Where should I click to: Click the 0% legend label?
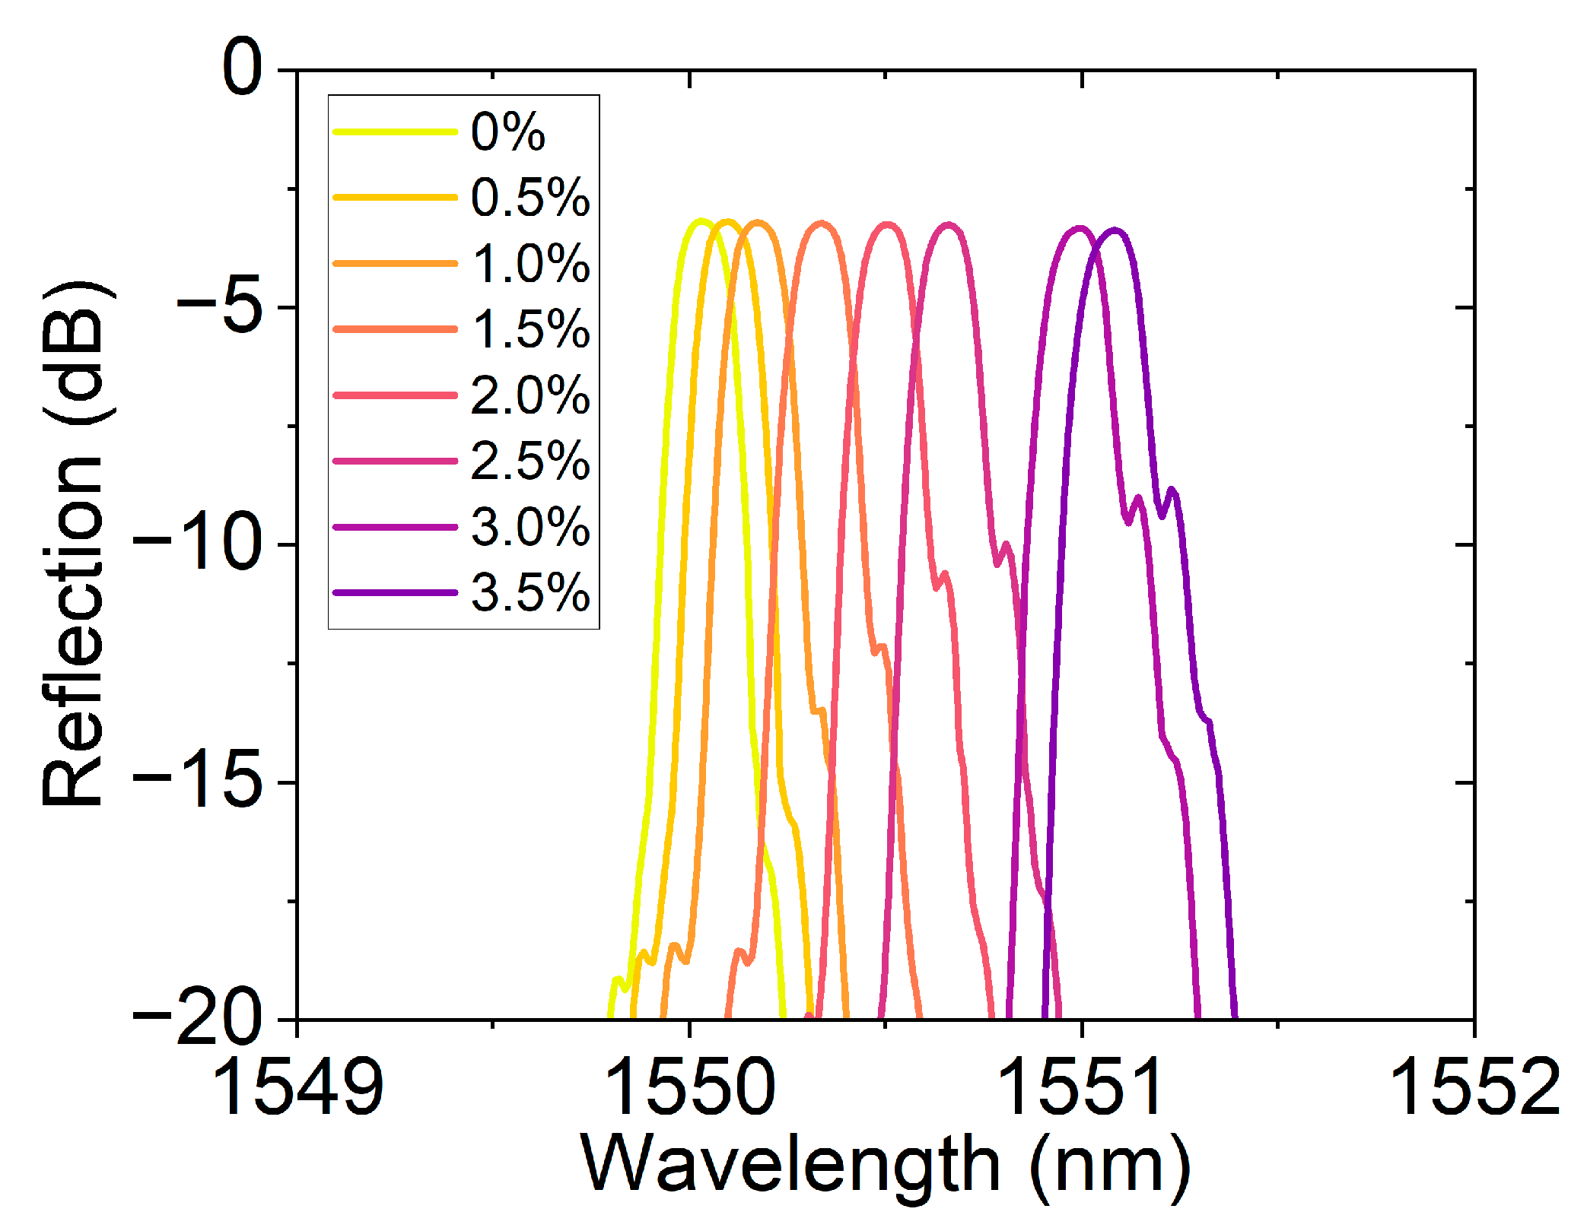[x=507, y=132]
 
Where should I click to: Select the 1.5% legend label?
[x=530, y=329]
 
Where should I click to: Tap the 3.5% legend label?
[x=530, y=592]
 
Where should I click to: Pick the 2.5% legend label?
[x=530, y=461]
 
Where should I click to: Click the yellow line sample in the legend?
[x=395, y=132]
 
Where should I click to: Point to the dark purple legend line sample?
[x=395, y=592]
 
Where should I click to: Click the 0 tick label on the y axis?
[x=243, y=68]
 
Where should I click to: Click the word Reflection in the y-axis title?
[x=72, y=633]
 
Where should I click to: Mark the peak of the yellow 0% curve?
[x=701, y=221]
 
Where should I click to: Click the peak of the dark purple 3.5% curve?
[x=1115, y=230]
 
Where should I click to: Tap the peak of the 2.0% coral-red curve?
[x=887, y=224]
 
